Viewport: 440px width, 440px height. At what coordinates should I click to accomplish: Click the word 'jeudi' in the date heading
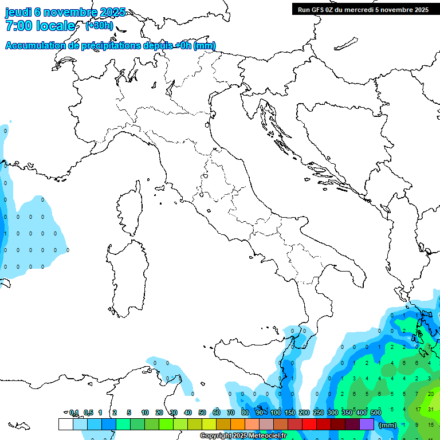point(18,12)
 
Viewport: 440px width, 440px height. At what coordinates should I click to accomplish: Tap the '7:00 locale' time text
point(40,26)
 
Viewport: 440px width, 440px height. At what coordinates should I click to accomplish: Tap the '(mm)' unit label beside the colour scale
point(388,425)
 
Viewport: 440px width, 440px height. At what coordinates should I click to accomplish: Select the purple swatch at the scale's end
point(367,424)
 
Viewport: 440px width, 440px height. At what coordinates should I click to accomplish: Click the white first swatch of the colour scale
point(65,424)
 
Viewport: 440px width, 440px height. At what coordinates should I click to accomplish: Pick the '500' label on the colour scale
point(376,412)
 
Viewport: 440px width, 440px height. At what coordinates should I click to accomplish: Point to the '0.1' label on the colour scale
point(74,412)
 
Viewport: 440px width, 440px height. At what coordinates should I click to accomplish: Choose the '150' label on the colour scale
point(290,412)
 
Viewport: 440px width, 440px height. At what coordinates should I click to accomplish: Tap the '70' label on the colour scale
point(231,412)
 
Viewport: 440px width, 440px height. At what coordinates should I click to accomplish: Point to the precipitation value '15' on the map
point(431,425)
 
